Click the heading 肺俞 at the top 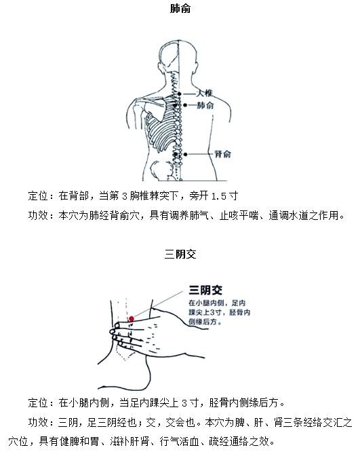(180, 9)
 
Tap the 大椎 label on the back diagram (205, 93)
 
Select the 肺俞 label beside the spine (205, 105)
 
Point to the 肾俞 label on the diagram (222, 154)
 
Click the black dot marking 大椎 (180, 94)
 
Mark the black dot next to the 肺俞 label (185, 105)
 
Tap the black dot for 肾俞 (186, 155)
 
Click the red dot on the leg (132, 319)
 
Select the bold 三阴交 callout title (205, 290)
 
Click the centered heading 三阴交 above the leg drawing (180, 255)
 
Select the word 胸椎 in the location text (140, 196)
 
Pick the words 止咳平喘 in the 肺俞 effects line (239, 215)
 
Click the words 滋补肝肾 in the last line (129, 441)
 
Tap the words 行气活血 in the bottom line (180, 441)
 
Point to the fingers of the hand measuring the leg (127, 335)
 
